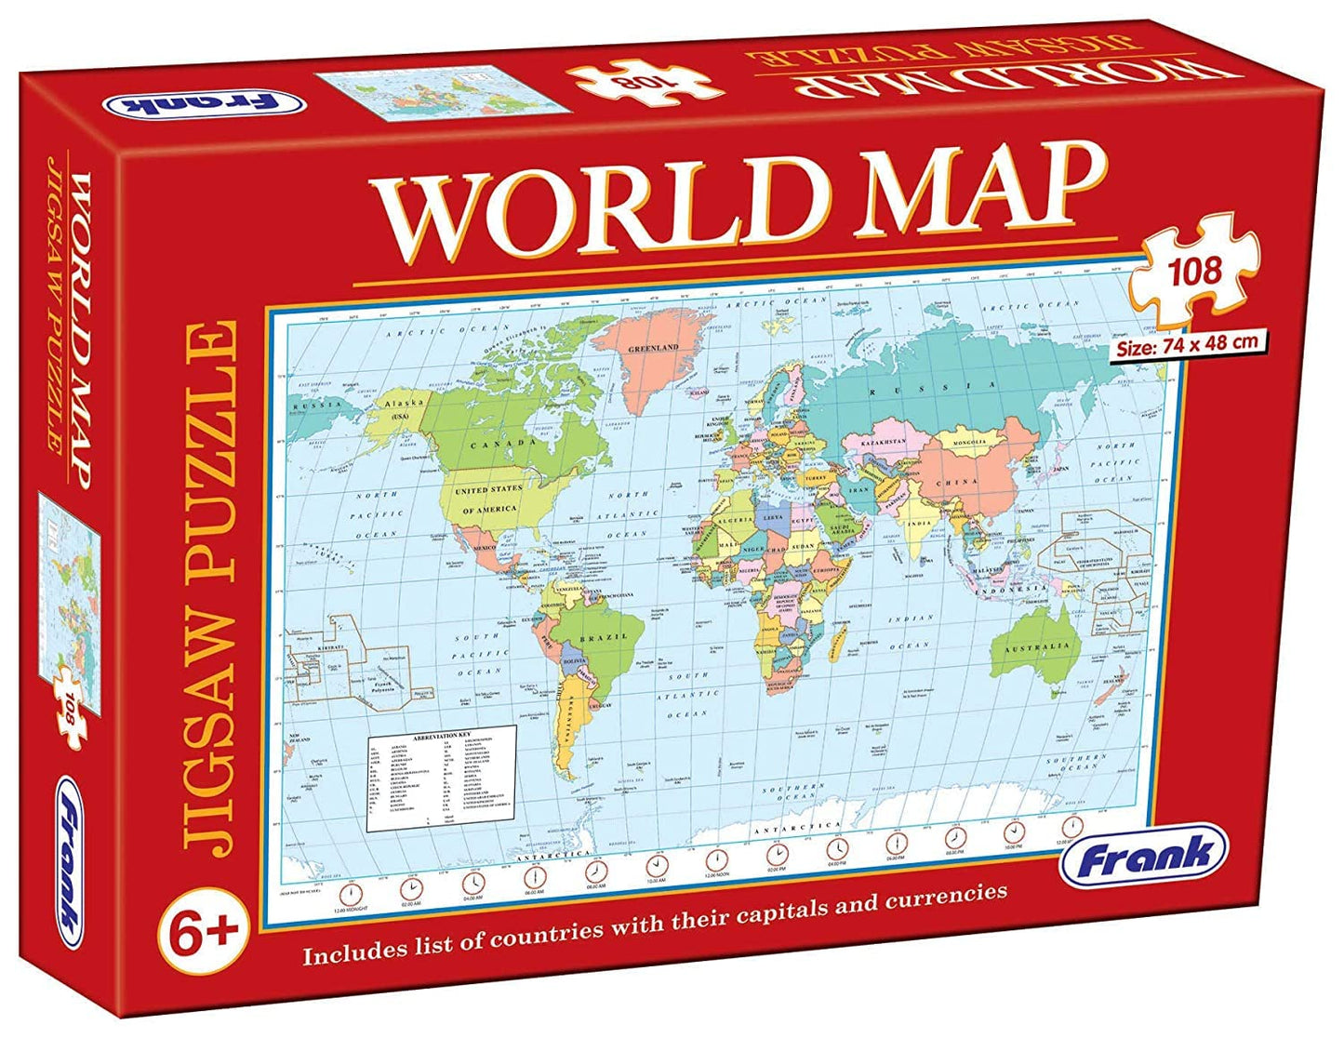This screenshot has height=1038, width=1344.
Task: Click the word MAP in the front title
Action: pyautogui.click(x=958, y=186)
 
